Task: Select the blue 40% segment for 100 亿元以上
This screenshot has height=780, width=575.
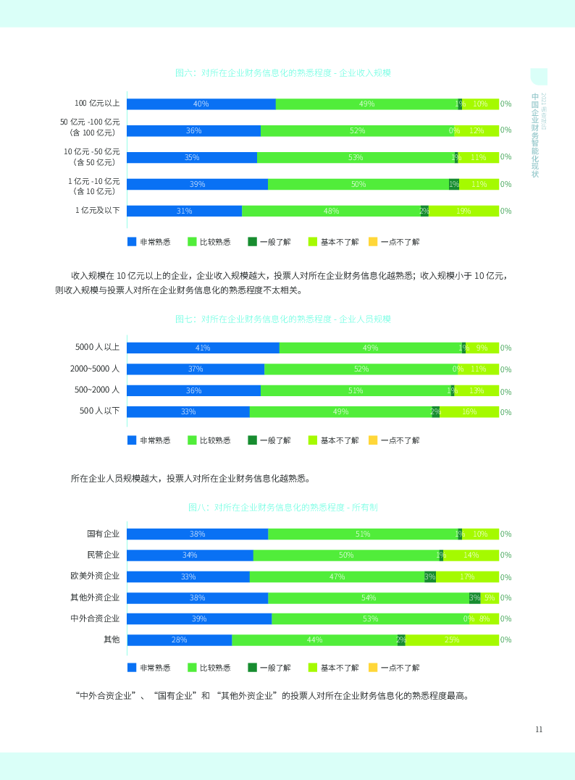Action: pos(201,104)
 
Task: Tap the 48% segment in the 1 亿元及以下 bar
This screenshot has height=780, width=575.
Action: pos(331,211)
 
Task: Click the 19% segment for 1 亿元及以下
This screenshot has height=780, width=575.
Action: pos(463,211)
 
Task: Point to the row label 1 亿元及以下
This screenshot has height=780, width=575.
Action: pos(98,211)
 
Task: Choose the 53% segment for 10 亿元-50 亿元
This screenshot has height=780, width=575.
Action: pos(355,157)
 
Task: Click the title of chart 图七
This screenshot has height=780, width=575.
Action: pos(283,319)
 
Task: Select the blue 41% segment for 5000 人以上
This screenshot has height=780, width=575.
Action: pos(203,348)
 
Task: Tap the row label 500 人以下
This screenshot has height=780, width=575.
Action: pos(100,411)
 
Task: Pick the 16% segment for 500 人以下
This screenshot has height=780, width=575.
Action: pos(469,411)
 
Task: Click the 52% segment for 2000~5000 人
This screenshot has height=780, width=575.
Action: pos(361,369)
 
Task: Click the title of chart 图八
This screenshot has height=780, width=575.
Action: pos(283,507)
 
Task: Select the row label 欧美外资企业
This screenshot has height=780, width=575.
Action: pos(95,576)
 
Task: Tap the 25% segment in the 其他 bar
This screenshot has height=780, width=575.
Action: pos(452,639)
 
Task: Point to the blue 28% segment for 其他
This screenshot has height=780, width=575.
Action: pos(179,639)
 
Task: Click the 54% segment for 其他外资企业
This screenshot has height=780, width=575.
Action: pos(368,597)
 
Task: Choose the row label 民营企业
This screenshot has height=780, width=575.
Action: pos(103,555)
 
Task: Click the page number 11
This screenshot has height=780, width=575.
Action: pos(539,729)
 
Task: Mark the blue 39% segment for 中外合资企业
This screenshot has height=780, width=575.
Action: pos(199,618)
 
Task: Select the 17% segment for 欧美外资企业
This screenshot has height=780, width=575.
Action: pos(467,576)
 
